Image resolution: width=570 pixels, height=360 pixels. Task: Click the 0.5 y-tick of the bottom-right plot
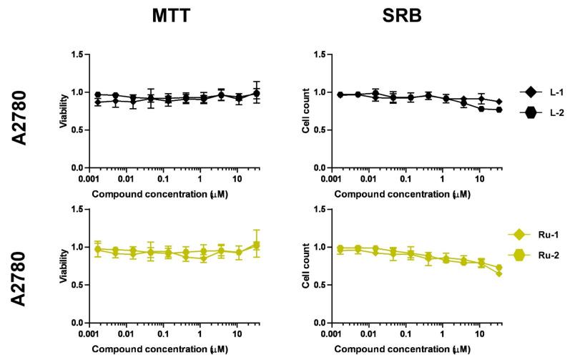tap(324, 285)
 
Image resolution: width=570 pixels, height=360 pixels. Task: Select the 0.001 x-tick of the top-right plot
tap(331, 177)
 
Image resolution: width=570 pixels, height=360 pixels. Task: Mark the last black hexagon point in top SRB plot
tap(498, 110)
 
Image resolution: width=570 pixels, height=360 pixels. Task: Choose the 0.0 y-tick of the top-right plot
tap(324, 167)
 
